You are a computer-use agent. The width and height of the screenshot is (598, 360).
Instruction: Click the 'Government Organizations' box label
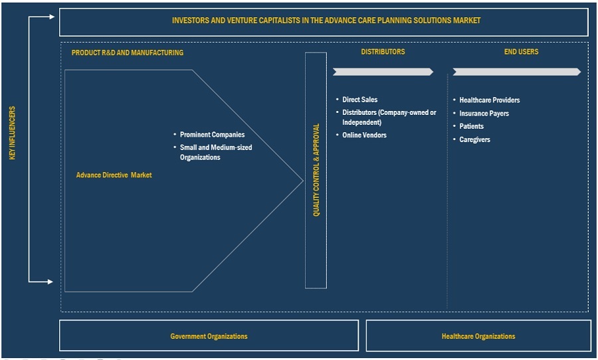click(209, 336)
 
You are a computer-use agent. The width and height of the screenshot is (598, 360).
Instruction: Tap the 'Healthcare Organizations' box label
click(478, 336)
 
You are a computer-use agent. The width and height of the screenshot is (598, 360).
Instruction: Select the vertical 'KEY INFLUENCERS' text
click(13, 133)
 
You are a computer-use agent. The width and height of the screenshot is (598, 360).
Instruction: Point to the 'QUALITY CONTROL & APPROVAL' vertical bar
click(316, 169)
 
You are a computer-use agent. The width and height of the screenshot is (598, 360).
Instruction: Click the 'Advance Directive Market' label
click(114, 175)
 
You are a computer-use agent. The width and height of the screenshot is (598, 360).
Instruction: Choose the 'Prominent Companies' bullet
click(212, 135)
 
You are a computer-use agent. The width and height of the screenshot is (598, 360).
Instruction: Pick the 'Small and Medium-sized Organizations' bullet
click(216, 152)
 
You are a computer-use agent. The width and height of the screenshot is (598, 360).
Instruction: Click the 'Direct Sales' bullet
click(359, 100)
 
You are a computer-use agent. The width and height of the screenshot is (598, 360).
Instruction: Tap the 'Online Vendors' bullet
click(364, 135)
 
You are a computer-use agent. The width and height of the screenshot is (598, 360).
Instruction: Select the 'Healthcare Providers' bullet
click(489, 100)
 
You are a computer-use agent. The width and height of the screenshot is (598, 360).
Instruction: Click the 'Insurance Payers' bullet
click(484, 114)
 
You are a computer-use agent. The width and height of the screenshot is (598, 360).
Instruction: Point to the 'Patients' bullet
click(471, 126)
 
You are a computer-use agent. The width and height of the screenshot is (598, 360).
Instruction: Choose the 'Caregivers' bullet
click(474, 139)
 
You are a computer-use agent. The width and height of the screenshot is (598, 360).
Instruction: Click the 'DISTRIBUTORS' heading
click(383, 52)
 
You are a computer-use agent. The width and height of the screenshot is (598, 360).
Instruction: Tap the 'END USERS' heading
click(521, 52)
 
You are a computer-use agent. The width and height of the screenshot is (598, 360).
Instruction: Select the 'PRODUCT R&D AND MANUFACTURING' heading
click(128, 52)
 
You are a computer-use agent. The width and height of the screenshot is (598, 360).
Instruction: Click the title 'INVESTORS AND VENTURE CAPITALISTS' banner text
click(326, 21)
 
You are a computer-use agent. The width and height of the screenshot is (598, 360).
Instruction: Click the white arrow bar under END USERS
click(516, 72)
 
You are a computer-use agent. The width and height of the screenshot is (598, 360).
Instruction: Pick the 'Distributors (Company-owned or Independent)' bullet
click(389, 118)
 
